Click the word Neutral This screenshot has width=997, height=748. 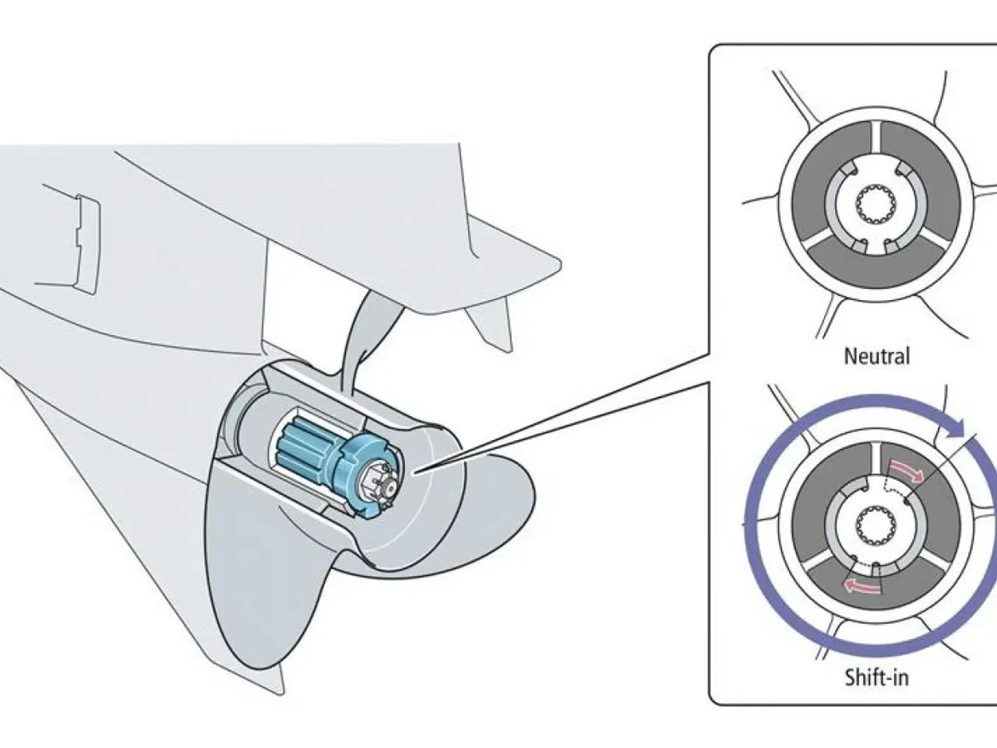coord(876,357)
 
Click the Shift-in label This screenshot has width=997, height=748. coord(876,676)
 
